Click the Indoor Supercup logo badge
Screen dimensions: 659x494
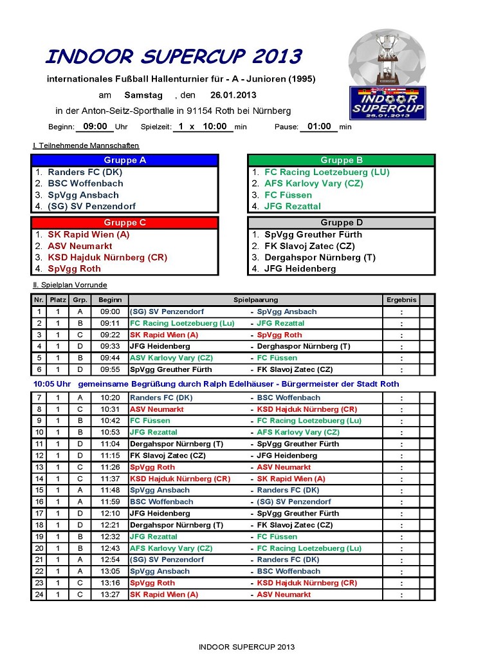point(387,103)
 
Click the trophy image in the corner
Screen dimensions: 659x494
point(387,57)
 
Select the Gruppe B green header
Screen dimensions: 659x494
point(342,160)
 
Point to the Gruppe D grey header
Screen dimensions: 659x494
point(342,223)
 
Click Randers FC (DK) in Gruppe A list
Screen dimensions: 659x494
point(85,172)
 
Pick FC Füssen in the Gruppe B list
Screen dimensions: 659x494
point(288,195)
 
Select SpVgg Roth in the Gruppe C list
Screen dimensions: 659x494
point(74,269)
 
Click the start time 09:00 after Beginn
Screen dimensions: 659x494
point(95,127)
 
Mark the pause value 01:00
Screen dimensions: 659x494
point(319,127)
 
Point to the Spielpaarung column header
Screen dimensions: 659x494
point(255,300)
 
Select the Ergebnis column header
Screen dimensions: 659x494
point(401,300)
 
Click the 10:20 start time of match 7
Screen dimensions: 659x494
point(110,398)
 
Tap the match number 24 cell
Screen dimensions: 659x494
point(39,595)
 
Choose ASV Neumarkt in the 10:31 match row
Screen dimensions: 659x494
point(157,409)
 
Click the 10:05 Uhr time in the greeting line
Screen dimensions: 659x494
point(52,384)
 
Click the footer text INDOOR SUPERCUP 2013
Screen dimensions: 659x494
point(246,647)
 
